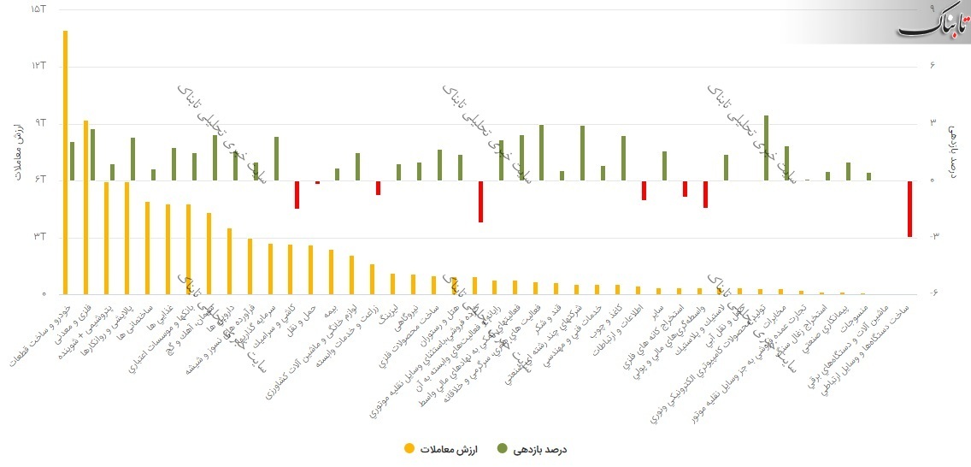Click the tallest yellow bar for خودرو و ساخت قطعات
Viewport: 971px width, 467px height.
coord(65,163)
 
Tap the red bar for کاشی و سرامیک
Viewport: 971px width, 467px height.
coord(297,194)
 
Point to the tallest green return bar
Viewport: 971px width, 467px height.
coord(766,147)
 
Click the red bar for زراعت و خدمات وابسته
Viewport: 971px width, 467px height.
coord(378,187)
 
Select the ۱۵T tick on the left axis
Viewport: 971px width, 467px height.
coord(37,9)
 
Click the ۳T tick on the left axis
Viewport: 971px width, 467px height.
coord(37,237)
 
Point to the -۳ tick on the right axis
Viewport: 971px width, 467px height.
coord(934,237)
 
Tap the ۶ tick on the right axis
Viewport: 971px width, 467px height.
coord(934,66)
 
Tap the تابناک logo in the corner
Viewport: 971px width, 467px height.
coord(933,23)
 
